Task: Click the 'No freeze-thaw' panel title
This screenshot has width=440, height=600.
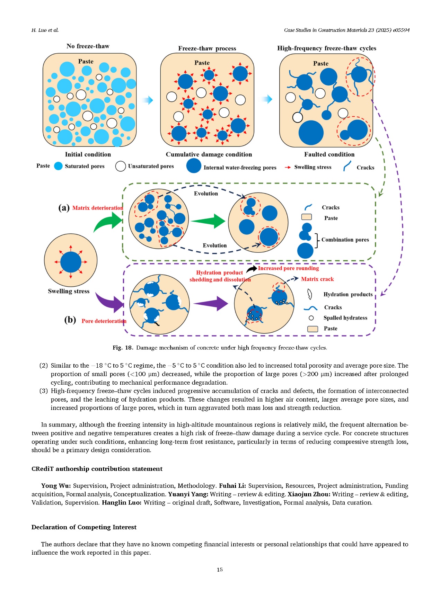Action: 88,46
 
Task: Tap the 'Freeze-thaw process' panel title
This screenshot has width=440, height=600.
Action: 207,48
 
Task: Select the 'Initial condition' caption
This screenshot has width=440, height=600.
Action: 88,154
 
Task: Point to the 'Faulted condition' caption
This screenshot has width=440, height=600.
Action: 329,154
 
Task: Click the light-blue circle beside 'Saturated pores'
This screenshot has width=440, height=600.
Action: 58,166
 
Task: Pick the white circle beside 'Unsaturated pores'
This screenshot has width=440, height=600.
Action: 120,166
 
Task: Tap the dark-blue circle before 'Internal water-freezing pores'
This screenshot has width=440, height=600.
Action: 194,166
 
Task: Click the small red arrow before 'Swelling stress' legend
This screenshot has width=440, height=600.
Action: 288,167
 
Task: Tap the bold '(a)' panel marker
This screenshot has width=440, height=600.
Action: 64,208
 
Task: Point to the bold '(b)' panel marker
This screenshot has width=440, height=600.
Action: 70,320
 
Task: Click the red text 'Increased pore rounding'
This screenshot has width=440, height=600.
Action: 288,268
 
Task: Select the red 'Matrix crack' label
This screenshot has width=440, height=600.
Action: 317,279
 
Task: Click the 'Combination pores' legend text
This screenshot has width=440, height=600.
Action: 345,240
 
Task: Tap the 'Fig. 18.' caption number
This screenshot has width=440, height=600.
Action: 123,348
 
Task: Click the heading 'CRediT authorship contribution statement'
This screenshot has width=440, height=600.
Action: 97,469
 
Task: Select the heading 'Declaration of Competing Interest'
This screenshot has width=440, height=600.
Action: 84,527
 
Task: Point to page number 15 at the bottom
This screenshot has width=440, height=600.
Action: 220,570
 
